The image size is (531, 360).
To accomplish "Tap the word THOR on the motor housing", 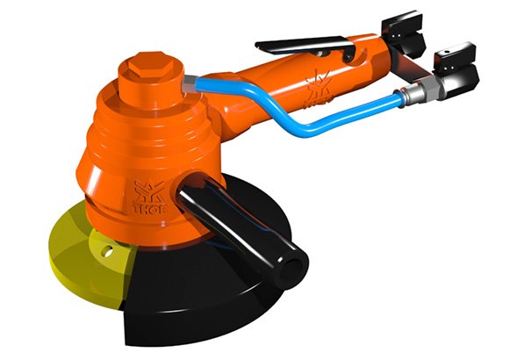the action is (150, 209).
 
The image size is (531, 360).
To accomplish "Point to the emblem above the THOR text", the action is (149, 191).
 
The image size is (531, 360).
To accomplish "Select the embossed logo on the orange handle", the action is (318, 90).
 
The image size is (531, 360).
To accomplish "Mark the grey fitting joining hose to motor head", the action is (189, 84).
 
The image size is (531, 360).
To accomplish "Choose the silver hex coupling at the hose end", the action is (421, 90).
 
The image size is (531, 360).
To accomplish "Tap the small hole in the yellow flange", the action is (108, 250).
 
